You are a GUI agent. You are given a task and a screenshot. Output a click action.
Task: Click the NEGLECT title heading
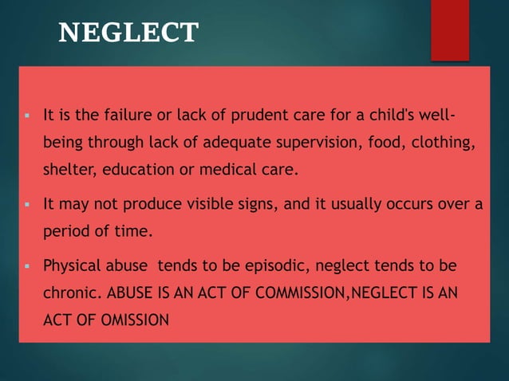[128, 32]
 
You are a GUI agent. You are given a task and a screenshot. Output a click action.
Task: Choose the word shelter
[68, 169]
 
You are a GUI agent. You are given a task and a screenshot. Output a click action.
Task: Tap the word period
[65, 231]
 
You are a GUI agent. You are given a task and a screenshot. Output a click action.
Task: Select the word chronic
[69, 293]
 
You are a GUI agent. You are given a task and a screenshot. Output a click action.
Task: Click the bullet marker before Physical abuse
[26, 265]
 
